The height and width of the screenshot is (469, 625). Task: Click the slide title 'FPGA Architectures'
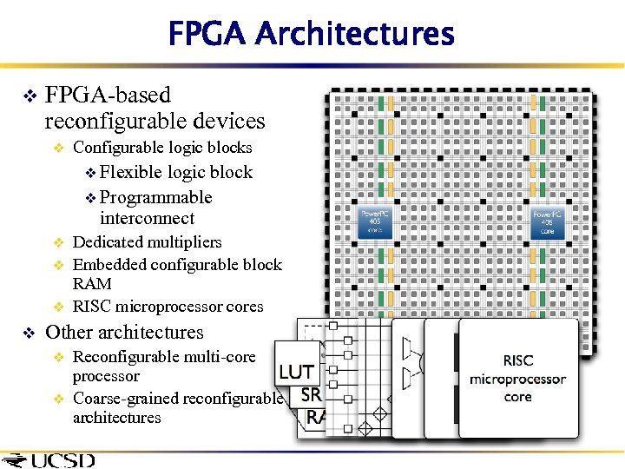pos(311,34)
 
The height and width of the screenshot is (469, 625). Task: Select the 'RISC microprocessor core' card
pos(517,378)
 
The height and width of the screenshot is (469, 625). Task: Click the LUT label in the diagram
pos(296,372)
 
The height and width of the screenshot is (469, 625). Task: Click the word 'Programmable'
pos(156,197)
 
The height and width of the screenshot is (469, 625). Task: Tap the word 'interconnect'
pos(147,218)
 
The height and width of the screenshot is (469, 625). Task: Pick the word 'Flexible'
pos(131,172)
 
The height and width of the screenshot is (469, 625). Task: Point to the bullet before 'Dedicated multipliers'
pos(59,242)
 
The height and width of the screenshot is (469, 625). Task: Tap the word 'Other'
pos(70,332)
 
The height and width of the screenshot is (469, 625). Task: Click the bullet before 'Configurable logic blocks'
pos(59,148)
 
